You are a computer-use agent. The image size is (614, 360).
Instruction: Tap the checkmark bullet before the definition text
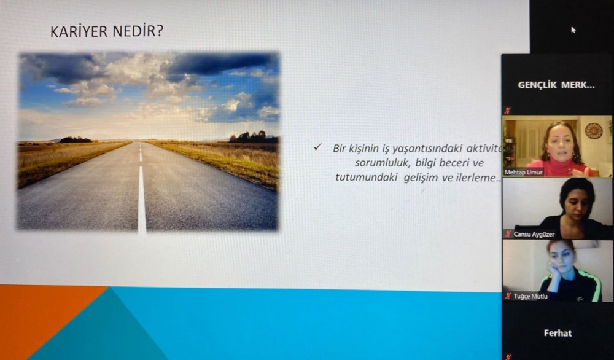click(x=317, y=147)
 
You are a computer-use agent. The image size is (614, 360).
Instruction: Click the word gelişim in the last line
click(x=421, y=178)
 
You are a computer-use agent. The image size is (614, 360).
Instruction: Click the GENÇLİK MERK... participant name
click(x=556, y=85)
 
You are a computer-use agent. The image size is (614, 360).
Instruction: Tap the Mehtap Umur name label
click(x=524, y=173)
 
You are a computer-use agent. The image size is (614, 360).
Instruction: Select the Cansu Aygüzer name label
click(x=534, y=234)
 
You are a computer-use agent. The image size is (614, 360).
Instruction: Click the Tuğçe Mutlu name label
click(x=530, y=297)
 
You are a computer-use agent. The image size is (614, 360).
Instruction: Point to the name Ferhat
click(x=558, y=333)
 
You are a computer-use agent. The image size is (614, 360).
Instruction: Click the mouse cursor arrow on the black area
click(x=573, y=29)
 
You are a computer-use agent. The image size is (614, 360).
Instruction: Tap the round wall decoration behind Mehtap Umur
click(x=594, y=131)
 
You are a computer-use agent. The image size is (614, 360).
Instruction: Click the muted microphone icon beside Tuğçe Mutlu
click(x=508, y=296)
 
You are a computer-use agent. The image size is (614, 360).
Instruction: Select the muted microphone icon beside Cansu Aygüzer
click(x=508, y=234)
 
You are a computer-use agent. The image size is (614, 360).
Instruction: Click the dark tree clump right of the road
click(x=254, y=137)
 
